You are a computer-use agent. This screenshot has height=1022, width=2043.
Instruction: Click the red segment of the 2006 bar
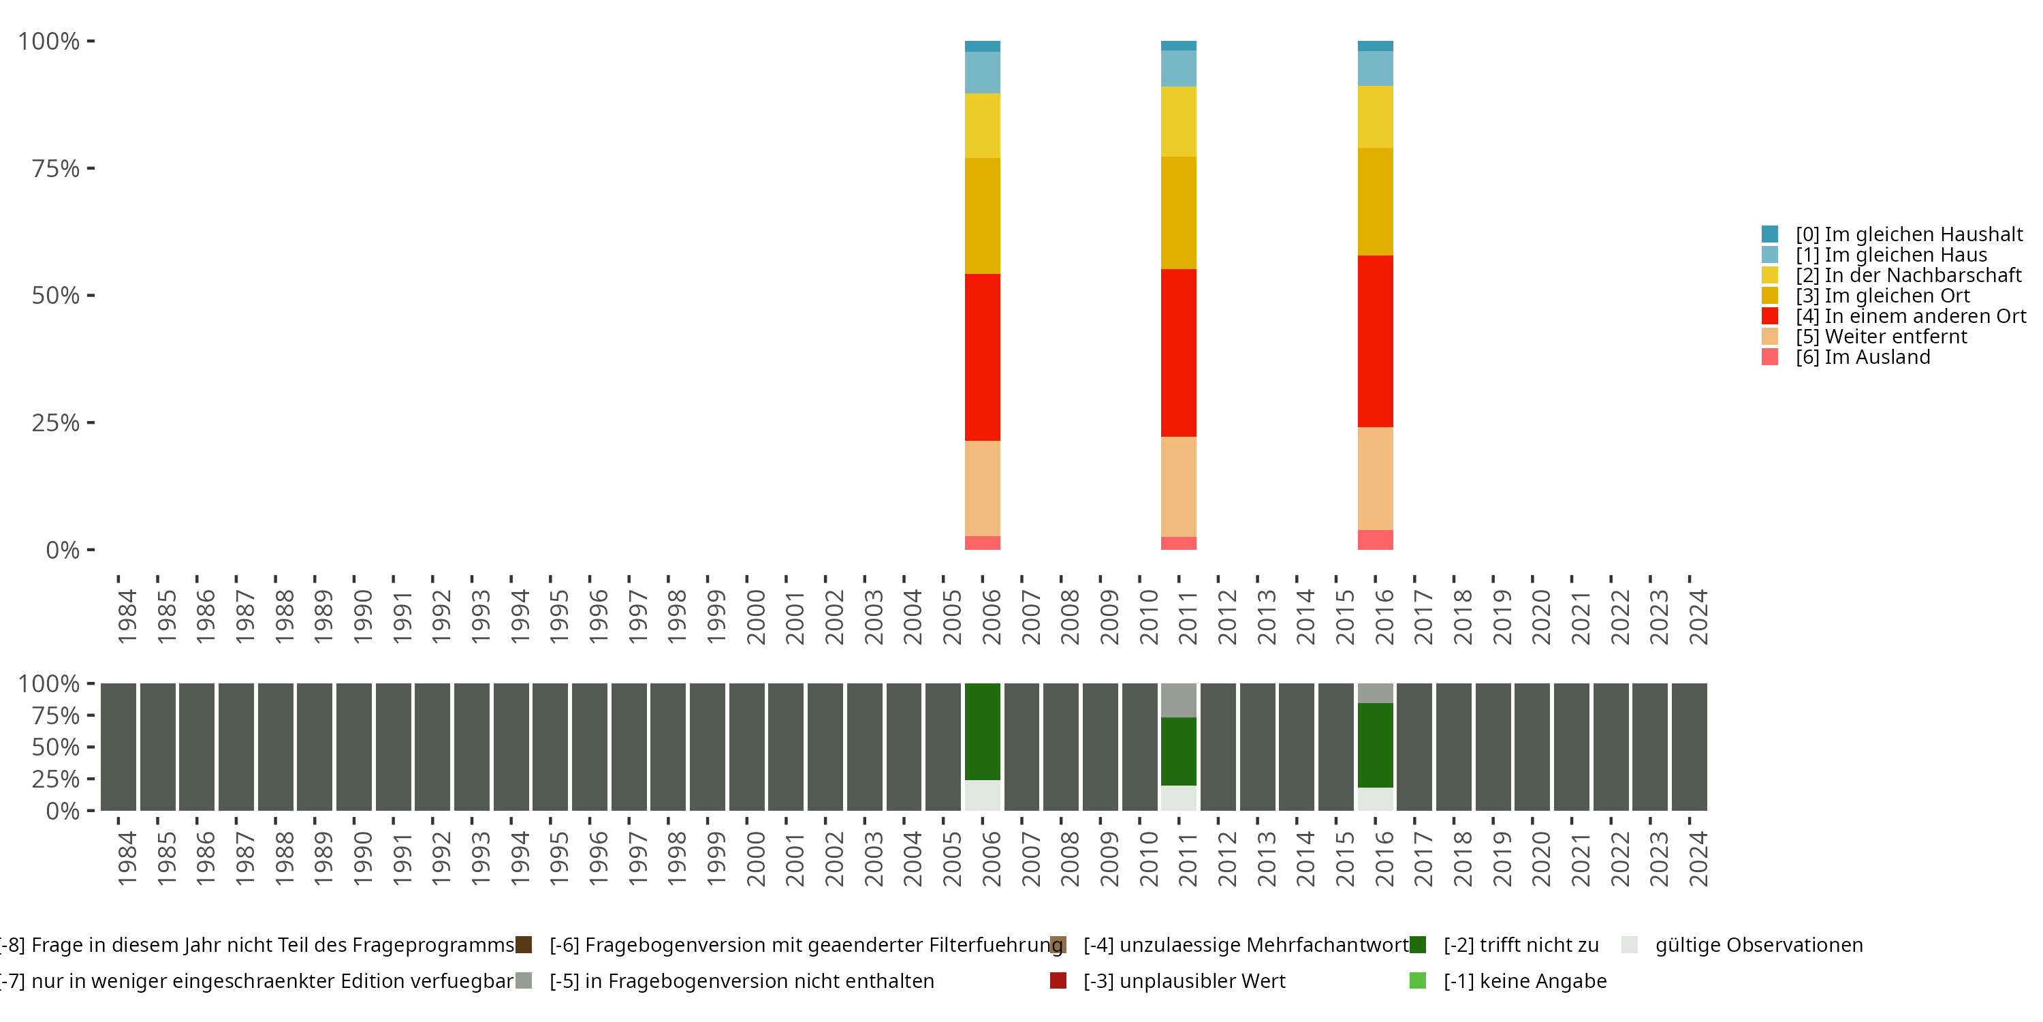point(982,357)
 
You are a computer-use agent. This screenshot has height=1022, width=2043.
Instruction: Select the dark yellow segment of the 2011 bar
point(1179,213)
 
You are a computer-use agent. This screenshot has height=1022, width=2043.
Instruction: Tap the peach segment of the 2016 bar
point(1375,478)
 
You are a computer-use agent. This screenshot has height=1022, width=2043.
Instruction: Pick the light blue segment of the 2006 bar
point(982,72)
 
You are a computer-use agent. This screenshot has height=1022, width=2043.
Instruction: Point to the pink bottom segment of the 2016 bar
point(1375,540)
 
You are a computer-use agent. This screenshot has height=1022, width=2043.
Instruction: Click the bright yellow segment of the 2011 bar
point(1179,121)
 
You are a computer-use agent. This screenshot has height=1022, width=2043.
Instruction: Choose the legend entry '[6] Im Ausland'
point(1863,357)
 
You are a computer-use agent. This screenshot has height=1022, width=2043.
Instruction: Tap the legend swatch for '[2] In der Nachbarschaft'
point(1770,275)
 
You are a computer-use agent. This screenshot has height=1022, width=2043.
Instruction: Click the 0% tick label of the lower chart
point(63,811)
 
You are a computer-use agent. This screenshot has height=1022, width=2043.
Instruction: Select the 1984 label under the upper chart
point(127,617)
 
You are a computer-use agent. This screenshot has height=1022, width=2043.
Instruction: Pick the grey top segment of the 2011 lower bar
point(1179,700)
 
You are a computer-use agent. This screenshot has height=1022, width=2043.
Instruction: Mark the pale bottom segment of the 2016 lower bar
point(1375,799)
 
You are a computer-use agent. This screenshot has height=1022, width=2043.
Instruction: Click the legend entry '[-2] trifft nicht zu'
point(1521,945)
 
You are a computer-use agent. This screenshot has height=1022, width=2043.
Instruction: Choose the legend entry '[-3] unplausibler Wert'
point(1184,980)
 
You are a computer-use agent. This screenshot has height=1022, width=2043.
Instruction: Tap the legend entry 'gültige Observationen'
point(1758,945)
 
